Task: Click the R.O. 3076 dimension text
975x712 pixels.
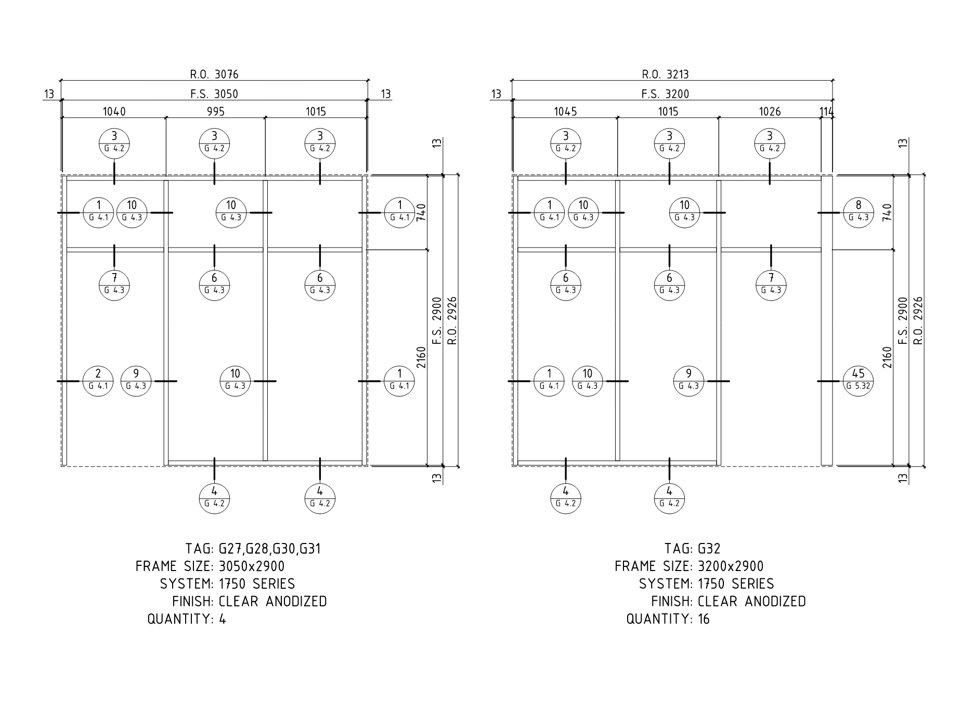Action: [x=214, y=74]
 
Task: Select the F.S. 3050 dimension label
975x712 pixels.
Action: [x=214, y=94]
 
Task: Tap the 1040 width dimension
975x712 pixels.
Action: [x=114, y=111]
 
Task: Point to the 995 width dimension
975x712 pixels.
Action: [x=215, y=111]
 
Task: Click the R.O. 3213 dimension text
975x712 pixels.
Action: [x=665, y=74]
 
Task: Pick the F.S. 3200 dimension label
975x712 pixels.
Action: [x=665, y=94]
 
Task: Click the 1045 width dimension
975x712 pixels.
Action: [x=565, y=111]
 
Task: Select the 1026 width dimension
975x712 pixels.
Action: [x=770, y=111]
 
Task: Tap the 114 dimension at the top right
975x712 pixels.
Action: [x=826, y=111]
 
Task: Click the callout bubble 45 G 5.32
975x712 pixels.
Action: [x=858, y=381]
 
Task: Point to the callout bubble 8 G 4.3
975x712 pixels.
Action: [x=858, y=213]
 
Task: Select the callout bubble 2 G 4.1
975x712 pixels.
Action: [x=98, y=381]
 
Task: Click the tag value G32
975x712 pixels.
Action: [x=709, y=549]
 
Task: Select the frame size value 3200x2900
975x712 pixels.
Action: [x=731, y=566]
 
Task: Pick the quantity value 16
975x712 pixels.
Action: [x=704, y=619]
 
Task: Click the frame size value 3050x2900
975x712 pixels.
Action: [x=252, y=566]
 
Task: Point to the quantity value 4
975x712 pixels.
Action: [x=223, y=619]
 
